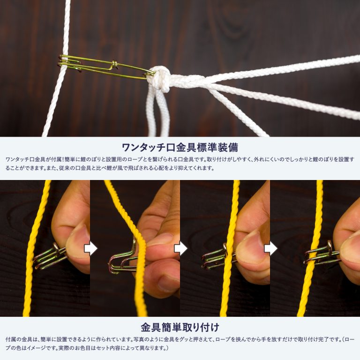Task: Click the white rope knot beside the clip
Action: (160, 79)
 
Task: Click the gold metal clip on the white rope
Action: (107, 67)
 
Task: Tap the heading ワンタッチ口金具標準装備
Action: (180, 148)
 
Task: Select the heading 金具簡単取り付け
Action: (180, 327)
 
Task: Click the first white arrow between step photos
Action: (90, 248)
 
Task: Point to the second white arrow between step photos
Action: (180, 248)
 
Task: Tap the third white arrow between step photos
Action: (270, 248)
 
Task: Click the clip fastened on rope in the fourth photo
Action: (322, 255)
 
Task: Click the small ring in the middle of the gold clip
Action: (114, 65)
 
